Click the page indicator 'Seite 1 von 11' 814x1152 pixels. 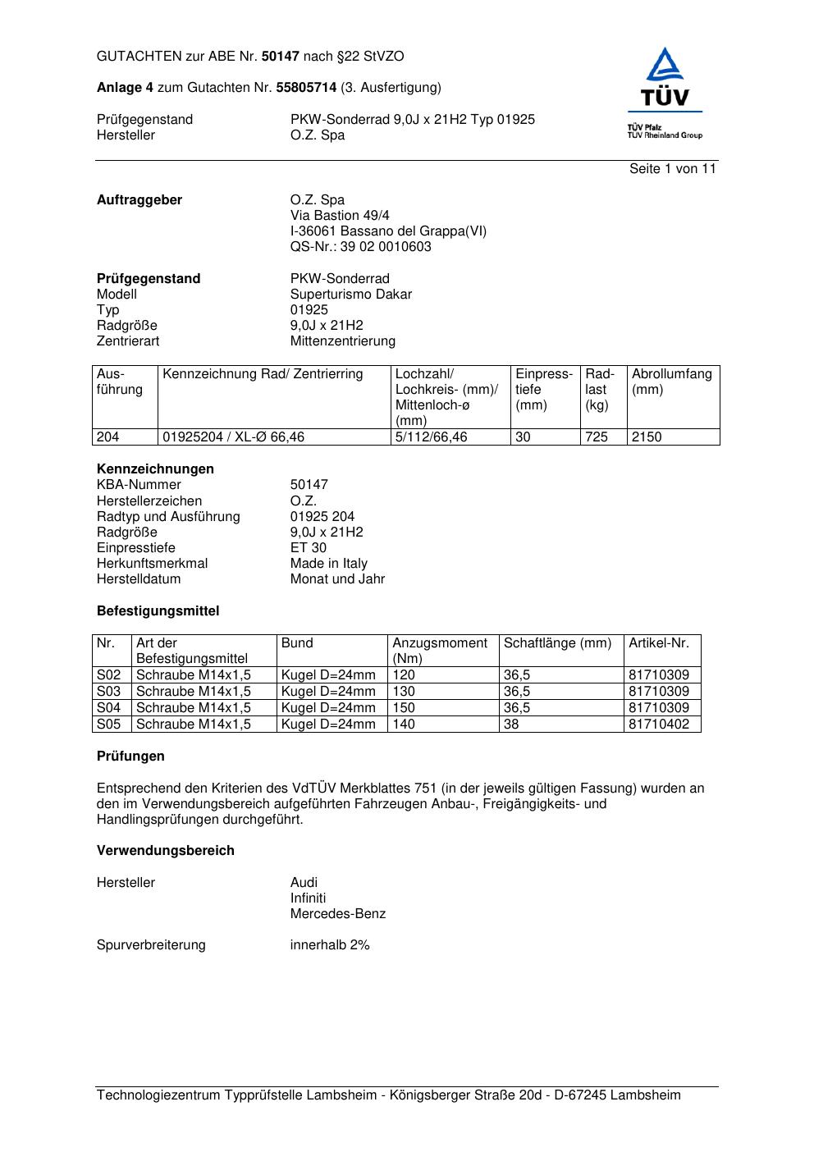(672, 169)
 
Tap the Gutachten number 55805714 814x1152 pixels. (306, 88)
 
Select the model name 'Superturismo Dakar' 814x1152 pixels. (350, 295)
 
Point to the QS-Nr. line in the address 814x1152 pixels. (360, 247)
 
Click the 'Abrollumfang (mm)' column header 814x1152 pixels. (671, 382)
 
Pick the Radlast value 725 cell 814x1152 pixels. (597, 437)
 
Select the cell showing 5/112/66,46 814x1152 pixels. (431, 437)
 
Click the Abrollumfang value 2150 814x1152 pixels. (647, 437)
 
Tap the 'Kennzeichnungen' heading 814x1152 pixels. (155, 469)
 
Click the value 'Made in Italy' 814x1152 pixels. (328, 564)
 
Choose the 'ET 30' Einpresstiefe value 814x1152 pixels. (308, 548)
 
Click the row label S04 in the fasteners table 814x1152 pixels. (109, 708)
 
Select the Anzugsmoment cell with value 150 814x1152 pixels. (404, 708)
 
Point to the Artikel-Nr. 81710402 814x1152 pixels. (659, 725)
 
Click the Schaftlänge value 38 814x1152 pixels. (511, 725)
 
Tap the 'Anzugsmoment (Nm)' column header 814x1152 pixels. (440, 651)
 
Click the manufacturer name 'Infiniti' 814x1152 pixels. (308, 898)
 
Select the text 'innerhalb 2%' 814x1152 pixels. (330, 945)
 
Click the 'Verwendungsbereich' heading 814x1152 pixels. (165, 851)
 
